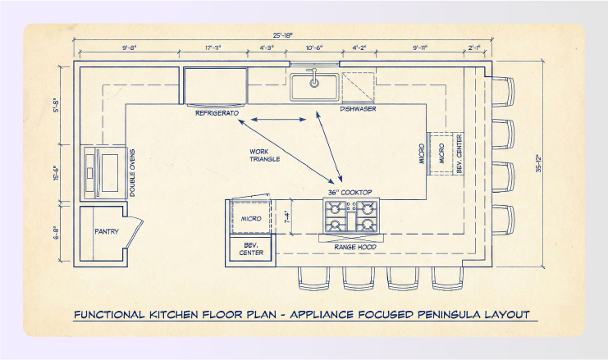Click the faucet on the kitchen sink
pyautogui.click(x=313, y=80)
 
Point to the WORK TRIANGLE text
pyautogui.click(x=265, y=155)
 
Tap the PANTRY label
pyautogui.click(x=107, y=231)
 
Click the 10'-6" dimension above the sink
pyautogui.click(x=313, y=48)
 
